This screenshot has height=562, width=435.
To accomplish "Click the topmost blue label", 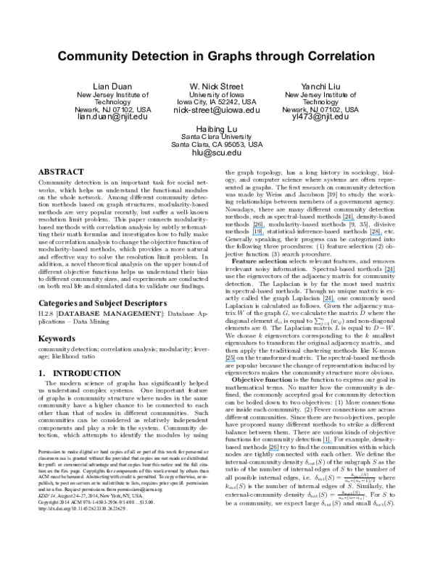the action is coord(349,219).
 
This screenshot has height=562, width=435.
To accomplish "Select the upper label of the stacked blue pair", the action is coord(258,227).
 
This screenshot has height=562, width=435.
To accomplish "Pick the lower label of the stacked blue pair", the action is coord(257,235).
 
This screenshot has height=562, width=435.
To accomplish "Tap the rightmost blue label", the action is coord(390,272).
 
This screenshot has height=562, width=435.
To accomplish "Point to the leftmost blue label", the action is coord(230,361).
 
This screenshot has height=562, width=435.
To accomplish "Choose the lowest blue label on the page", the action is coord(273,450).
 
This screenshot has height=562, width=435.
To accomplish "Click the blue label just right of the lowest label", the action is coord(327,443).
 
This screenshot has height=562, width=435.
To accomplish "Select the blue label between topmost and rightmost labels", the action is coord(376,235).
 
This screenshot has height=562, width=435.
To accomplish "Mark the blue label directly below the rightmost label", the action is coord(328,301).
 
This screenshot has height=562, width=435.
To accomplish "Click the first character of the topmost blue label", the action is coord(343,219).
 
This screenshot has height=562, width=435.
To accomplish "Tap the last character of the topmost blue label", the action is coord(355,219).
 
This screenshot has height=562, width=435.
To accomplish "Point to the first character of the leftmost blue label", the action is coord(225,361).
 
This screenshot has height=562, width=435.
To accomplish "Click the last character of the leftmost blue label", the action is coord(236,361).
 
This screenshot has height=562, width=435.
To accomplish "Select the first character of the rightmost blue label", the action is coord(385,272).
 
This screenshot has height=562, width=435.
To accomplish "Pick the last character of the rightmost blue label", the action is coord(395,272).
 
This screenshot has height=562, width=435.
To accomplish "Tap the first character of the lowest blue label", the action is coord(268,450).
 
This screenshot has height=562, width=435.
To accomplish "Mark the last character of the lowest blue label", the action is coord(279,450).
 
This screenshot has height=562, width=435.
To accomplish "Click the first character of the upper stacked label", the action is coord(252,227).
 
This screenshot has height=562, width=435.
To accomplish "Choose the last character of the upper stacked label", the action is coord(265,227).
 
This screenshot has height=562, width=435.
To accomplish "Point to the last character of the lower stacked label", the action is coord(264,235).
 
